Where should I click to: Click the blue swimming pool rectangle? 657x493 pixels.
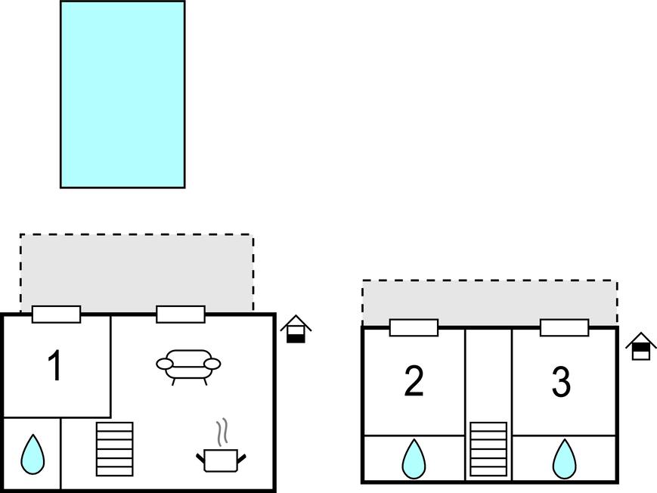coord(122,94)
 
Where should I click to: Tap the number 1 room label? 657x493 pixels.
coord(54,367)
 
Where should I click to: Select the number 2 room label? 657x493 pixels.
coord(414,382)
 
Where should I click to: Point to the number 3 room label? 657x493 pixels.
coord(560,383)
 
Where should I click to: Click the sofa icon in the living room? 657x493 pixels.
coord(188,365)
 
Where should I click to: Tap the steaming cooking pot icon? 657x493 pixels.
coord(221,459)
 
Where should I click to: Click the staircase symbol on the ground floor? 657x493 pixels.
coord(115,448)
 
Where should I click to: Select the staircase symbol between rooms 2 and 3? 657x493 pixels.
coord(488,449)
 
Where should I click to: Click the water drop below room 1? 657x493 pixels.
coord(32,454)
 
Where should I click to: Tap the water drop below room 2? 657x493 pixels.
coord(414,458)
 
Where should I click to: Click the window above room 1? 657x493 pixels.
coord(56,315)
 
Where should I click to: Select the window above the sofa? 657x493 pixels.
coord(180,315)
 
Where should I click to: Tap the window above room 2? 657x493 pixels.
coord(414,327)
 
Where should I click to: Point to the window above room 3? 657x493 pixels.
coord(564,327)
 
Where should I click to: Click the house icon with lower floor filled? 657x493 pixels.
coord(296,330)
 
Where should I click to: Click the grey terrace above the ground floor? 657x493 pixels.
coord(137,270)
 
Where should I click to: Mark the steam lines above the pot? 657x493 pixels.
coord(222,433)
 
